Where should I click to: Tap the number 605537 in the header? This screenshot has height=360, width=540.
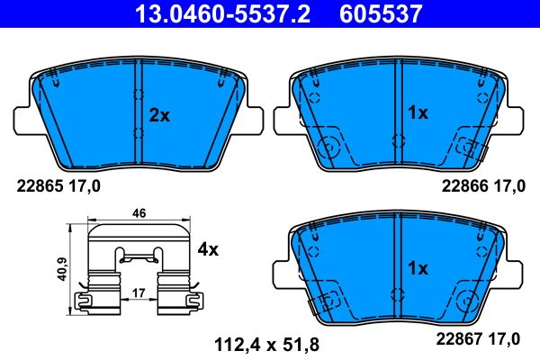[378, 13]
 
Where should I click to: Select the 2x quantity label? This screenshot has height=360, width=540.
[159, 115]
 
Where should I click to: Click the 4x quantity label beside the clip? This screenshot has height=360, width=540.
[208, 249]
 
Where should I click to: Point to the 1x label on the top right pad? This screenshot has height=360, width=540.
[418, 113]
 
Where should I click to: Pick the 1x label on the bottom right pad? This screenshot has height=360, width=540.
[418, 268]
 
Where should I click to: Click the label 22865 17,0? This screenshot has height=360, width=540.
[58, 186]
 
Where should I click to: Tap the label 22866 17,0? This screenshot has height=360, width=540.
[481, 186]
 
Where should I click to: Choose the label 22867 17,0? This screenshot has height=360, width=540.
[481, 338]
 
